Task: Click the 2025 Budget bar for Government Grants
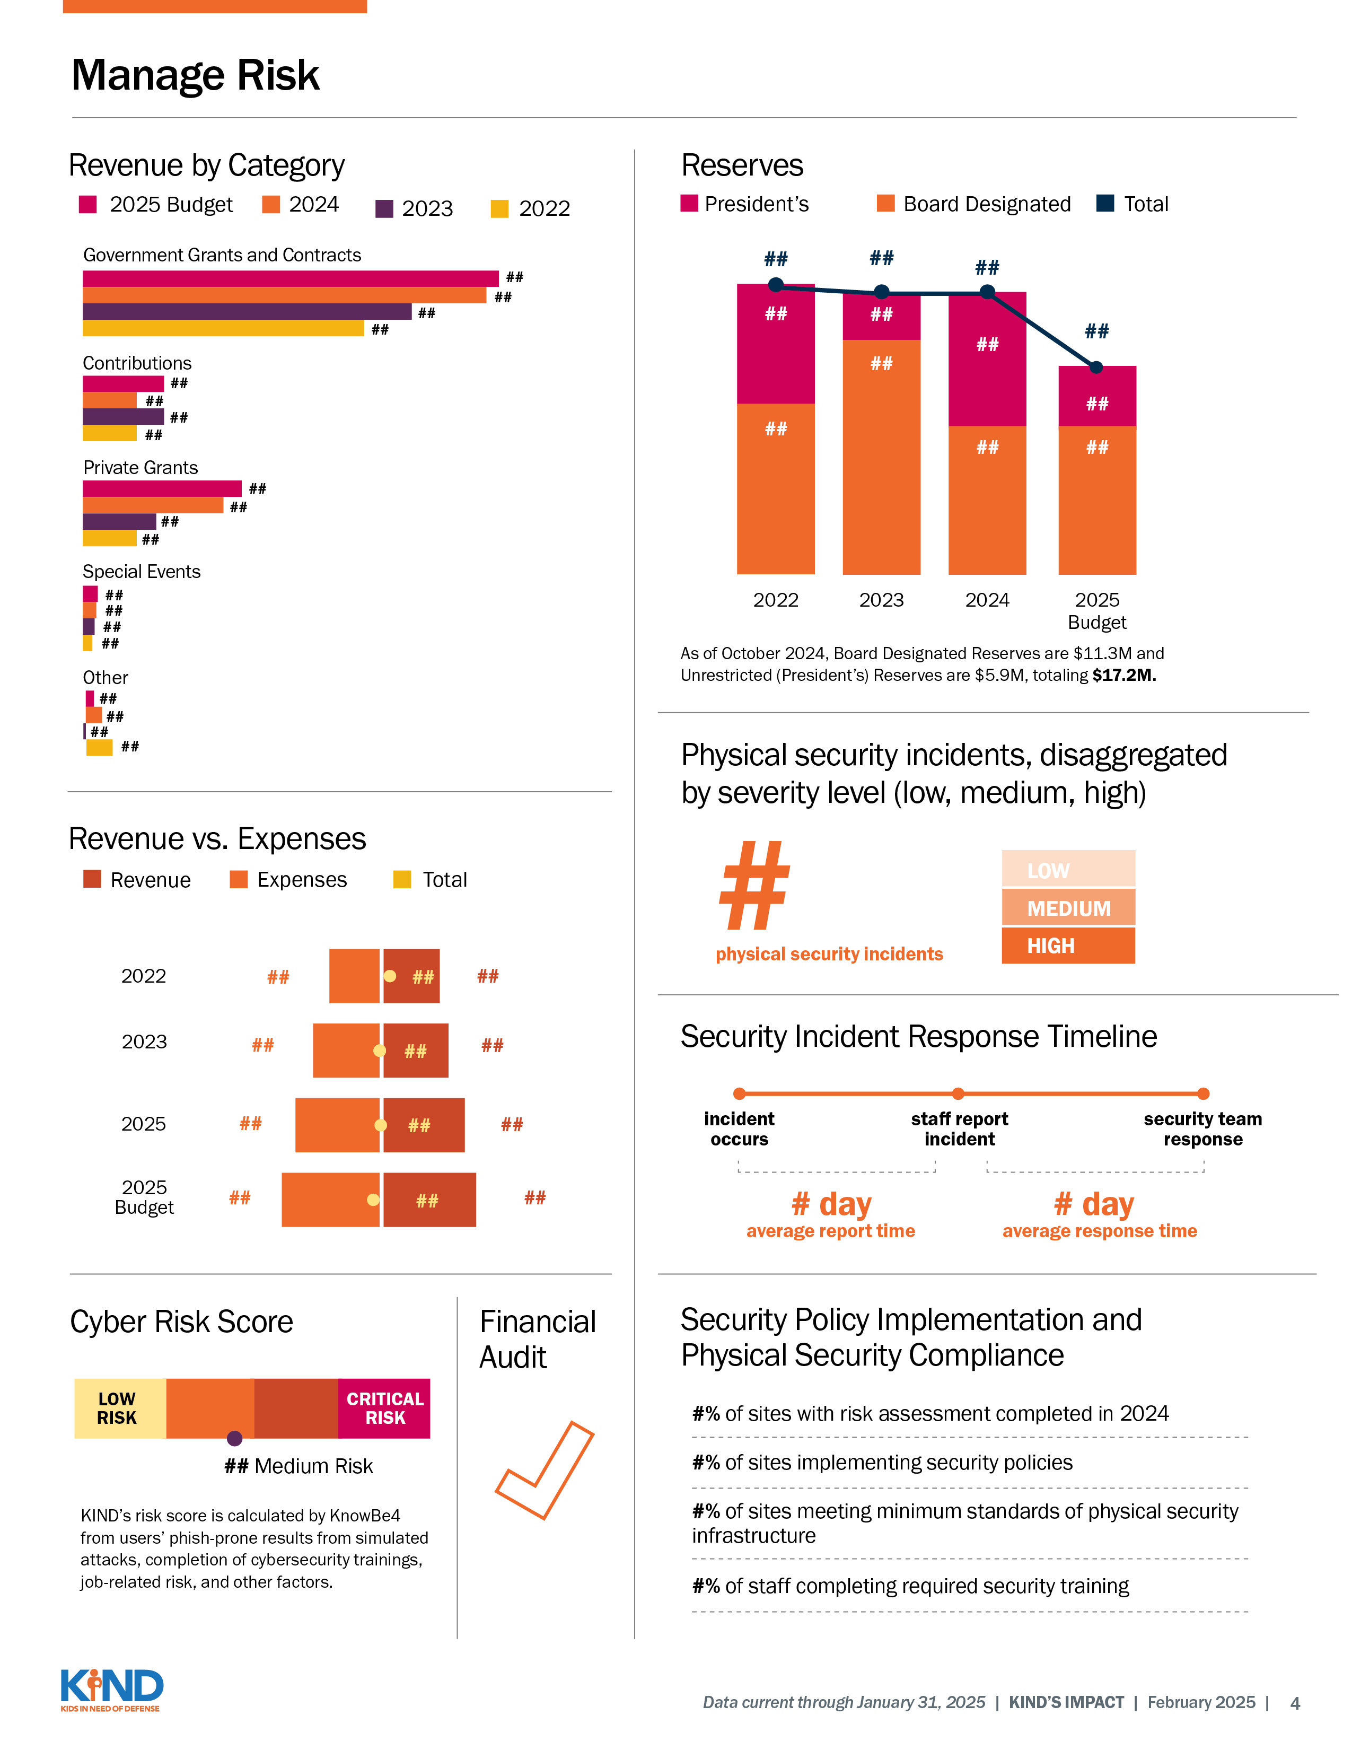tap(290, 278)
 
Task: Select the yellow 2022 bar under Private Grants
tap(110, 538)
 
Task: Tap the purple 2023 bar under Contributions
tap(122, 417)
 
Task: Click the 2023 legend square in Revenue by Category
tap(384, 209)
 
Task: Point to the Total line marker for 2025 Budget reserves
tap(1096, 367)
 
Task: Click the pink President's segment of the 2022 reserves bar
tap(775, 345)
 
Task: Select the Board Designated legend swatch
tap(886, 204)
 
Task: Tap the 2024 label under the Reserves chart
tap(987, 600)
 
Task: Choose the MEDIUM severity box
tap(1068, 908)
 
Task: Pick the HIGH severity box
tap(1068, 946)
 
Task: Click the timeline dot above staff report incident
tap(958, 1093)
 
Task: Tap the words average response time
tap(1099, 1231)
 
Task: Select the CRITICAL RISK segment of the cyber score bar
tap(384, 1408)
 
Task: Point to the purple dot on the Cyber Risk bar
tap(234, 1438)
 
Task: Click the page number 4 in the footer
tap(1294, 1703)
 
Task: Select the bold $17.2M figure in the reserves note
tap(1123, 676)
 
